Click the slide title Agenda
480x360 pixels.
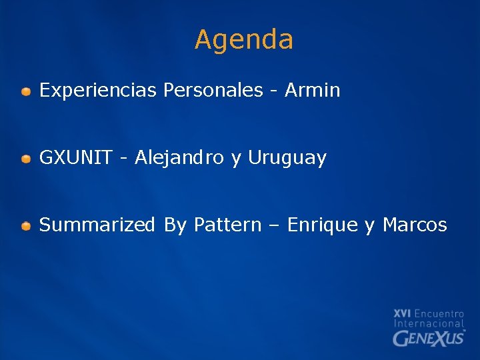click(244, 40)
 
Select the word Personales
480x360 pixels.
click(213, 91)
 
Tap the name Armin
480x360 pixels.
click(312, 91)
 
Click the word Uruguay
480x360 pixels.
click(287, 159)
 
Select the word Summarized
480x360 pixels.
click(97, 225)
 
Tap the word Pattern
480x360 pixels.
click(227, 225)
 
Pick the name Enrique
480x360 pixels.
click(322, 226)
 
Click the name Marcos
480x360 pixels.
click(415, 225)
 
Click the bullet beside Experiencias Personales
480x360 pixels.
click(25, 91)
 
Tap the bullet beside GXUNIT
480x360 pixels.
click(25, 159)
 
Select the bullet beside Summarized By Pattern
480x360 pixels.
click(25, 226)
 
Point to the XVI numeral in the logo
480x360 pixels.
click(402, 313)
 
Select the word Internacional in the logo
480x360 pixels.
click(429, 323)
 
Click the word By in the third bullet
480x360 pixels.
click(175, 226)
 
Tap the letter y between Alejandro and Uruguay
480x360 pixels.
click(236, 160)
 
